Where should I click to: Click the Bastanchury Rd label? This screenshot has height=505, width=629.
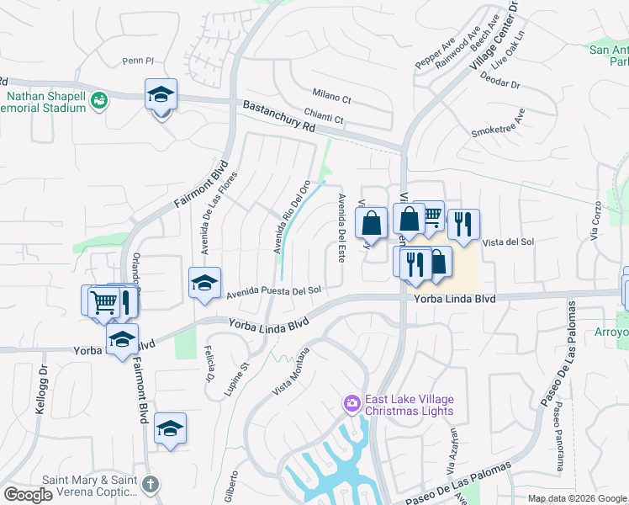click(x=278, y=117)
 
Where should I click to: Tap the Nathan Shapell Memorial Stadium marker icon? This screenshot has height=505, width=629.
click(x=99, y=100)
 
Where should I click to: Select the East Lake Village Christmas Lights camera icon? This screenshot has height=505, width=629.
click(x=351, y=405)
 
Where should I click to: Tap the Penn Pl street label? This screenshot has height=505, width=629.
click(x=139, y=61)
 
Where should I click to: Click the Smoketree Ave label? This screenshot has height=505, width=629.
click(x=499, y=125)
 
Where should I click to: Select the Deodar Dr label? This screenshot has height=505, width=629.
click(x=500, y=79)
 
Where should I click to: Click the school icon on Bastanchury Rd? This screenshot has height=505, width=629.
click(x=160, y=95)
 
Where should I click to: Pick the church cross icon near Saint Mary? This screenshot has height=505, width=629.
click(x=151, y=484)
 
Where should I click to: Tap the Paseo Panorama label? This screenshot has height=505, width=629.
click(x=558, y=435)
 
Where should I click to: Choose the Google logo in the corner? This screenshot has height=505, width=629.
click(x=28, y=495)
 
